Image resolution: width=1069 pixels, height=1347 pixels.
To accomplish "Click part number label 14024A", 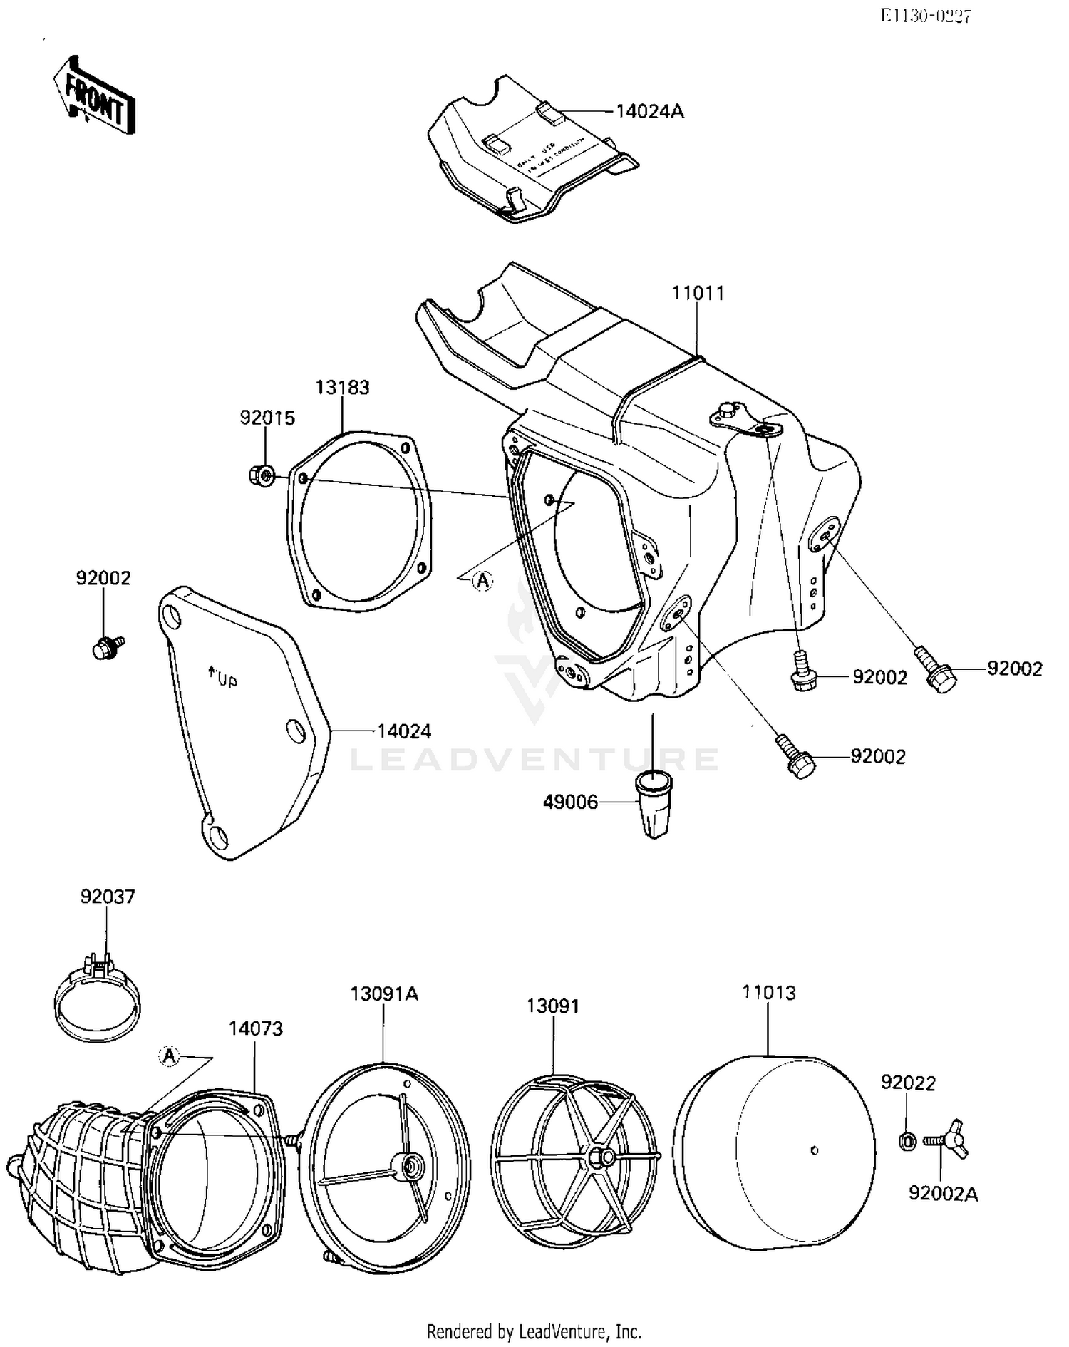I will click(x=649, y=112).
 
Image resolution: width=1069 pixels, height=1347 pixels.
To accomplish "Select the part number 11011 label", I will click(x=698, y=294).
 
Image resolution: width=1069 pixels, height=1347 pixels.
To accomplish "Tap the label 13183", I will click(x=342, y=388).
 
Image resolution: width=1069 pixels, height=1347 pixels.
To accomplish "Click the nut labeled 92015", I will click(x=262, y=475).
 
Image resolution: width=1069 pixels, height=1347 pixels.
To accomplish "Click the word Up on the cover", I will click(x=225, y=681).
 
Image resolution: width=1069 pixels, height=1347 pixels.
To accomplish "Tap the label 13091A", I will click(x=384, y=994).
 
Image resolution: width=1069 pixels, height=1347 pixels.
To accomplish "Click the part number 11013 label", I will click(x=768, y=993).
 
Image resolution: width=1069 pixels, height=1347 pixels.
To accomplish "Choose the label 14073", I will click(x=255, y=1028).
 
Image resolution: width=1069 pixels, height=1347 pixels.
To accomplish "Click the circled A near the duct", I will click(x=169, y=1055).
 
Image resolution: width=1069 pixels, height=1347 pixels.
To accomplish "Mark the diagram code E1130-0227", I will click(x=925, y=16).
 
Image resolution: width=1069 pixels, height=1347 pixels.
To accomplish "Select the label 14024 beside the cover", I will click(x=403, y=731).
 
